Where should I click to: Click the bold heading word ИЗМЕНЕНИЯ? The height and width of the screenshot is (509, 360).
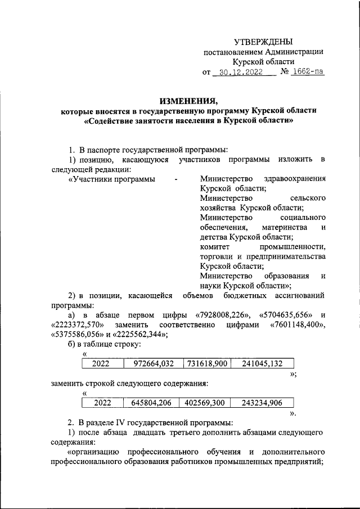pos(188,101)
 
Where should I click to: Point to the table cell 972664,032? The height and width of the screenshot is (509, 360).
pos(153,363)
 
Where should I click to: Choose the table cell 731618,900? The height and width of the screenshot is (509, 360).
pos(206,363)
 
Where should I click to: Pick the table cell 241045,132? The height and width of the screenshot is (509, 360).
pos(261,363)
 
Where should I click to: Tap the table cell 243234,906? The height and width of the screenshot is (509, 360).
pos(261,403)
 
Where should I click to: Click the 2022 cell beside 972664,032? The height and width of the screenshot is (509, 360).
pos(103,363)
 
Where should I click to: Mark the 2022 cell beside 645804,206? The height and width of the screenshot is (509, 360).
pos(103,403)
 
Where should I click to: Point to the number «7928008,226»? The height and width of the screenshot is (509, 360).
pos(221,314)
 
